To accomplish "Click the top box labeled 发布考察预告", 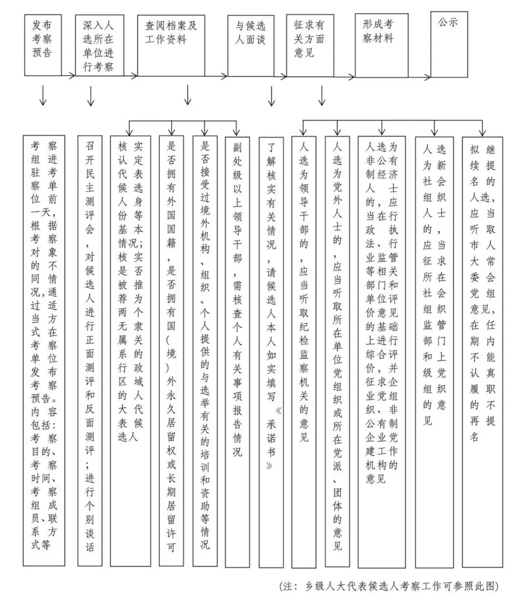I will point(43,44).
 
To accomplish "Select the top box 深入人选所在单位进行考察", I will point(99,45).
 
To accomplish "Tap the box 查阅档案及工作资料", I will point(171,45).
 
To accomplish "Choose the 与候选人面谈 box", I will point(250,45).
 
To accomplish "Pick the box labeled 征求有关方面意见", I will point(309,45).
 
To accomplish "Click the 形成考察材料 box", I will point(381,45).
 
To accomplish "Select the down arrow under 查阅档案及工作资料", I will point(188,95).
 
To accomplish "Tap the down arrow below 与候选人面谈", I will point(271,96).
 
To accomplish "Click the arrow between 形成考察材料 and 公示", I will point(419,77).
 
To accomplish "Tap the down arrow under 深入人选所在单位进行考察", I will point(90,96).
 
